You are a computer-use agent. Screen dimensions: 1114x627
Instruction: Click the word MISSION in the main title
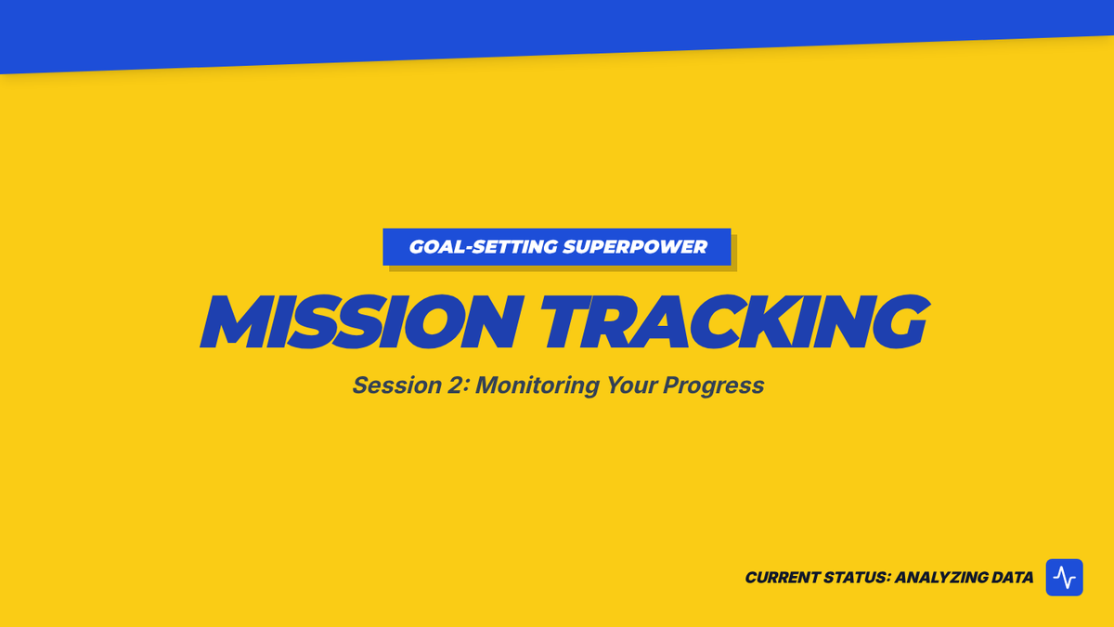tap(362, 321)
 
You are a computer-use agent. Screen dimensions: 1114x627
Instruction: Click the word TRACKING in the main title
tap(735, 321)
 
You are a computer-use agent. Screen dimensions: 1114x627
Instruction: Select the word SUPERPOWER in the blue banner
tap(635, 247)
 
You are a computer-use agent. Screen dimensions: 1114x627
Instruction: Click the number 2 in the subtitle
tap(455, 385)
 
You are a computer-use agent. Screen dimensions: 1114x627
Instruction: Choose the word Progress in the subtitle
tap(713, 386)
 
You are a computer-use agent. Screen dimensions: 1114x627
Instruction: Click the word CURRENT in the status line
tap(782, 577)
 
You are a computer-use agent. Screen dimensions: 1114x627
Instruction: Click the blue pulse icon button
tap(1064, 577)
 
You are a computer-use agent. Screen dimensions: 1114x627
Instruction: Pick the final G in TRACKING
tap(900, 321)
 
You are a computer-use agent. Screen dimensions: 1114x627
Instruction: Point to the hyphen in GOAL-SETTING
tap(466, 248)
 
